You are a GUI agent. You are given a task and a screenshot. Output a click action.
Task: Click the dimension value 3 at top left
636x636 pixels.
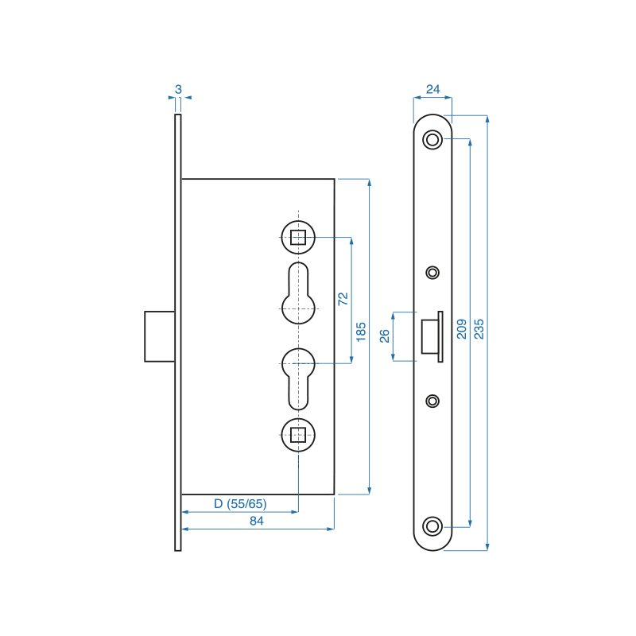click(178, 89)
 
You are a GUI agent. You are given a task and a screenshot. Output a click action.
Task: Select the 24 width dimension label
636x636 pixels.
click(432, 89)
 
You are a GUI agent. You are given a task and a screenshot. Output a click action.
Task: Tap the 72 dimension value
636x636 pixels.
click(343, 299)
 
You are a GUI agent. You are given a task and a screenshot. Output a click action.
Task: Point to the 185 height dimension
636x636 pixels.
click(361, 332)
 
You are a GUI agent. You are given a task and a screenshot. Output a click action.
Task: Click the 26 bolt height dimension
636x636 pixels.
click(384, 335)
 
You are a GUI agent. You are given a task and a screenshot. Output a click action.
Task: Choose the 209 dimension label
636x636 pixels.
click(462, 329)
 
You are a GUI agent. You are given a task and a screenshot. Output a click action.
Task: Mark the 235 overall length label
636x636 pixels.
click(479, 329)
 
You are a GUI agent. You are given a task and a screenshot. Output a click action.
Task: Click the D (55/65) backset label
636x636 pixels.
click(240, 504)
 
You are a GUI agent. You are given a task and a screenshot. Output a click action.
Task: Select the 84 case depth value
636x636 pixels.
click(256, 521)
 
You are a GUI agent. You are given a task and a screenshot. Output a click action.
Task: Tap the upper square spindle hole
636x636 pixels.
click(298, 237)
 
